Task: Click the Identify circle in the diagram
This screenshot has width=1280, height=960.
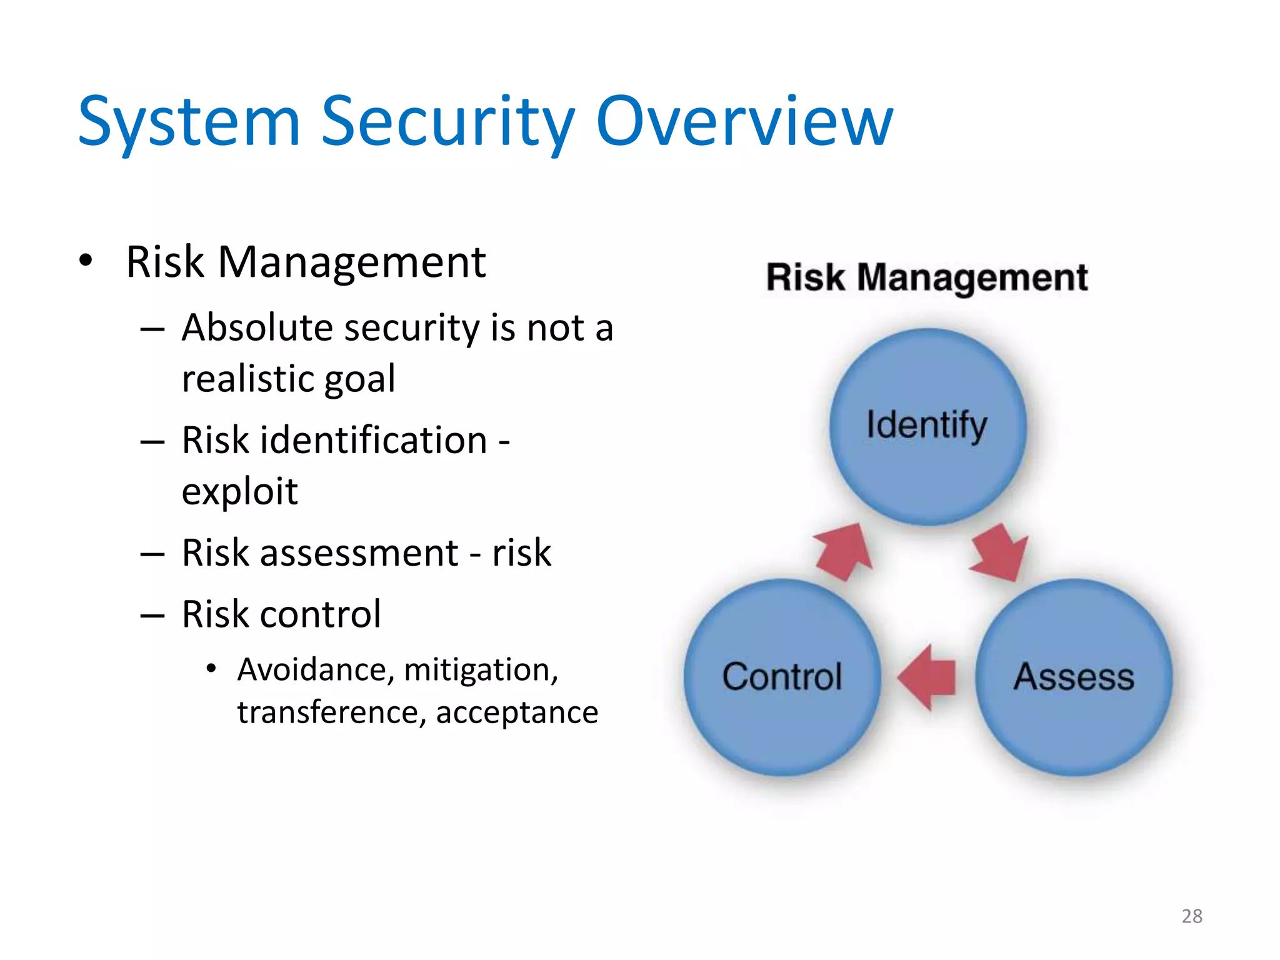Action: pyautogui.click(x=927, y=426)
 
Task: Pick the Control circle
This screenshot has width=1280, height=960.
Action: pyautogui.click(x=782, y=677)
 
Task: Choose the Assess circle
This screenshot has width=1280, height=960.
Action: pyautogui.click(x=1074, y=677)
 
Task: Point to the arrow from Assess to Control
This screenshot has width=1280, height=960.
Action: pyautogui.click(x=927, y=677)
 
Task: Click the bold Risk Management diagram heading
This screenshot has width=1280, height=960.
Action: pyautogui.click(x=927, y=277)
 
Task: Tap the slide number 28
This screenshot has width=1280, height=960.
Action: pyautogui.click(x=1192, y=916)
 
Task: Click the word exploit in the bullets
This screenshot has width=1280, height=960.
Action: pyautogui.click(x=239, y=491)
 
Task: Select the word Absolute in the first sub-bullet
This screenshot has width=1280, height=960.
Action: pyautogui.click(x=259, y=327)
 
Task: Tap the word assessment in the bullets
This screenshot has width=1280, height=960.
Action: pyautogui.click(x=359, y=553)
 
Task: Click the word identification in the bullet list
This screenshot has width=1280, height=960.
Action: pyautogui.click(x=373, y=440)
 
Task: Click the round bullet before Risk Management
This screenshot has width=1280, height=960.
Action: pyautogui.click(x=86, y=261)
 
